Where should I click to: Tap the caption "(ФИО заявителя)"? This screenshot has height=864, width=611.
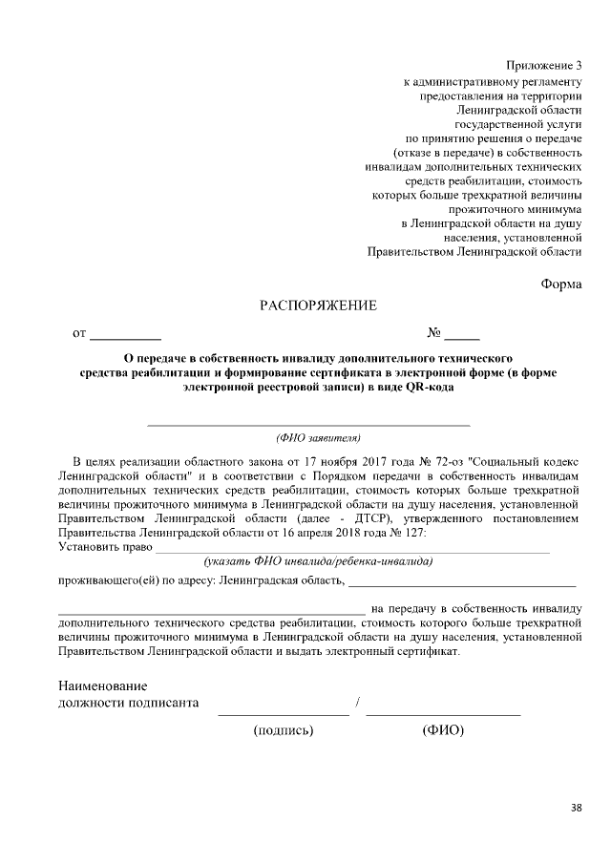[x=318, y=438]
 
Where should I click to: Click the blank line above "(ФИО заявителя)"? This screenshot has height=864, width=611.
[x=307, y=424]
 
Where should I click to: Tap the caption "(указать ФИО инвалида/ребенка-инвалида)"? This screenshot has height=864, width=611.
[x=311, y=561]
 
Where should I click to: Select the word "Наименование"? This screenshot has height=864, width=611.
[x=102, y=685]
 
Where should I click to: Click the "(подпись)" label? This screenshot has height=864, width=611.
[x=284, y=730]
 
